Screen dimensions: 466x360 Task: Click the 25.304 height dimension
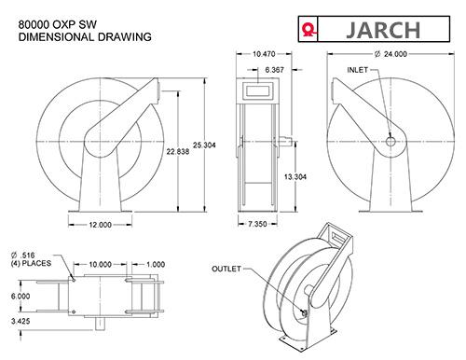[x=204, y=145]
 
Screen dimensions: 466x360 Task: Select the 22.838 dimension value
[x=178, y=152]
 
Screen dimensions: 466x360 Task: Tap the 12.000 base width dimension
[x=100, y=225]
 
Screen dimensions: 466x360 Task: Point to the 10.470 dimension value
[x=264, y=54]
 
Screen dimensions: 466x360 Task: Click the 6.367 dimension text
[x=274, y=70]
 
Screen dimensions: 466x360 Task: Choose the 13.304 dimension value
[x=295, y=177]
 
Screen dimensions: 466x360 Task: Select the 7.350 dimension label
[x=257, y=224]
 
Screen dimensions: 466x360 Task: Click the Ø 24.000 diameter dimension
[x=391, y=54]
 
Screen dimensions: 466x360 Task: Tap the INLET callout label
[x=357, y=70]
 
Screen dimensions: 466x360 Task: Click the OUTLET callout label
[x=226, y=269]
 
